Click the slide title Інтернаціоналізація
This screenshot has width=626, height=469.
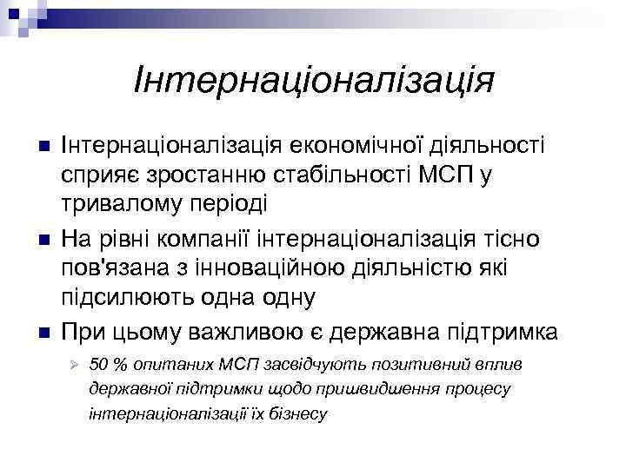pyautogui.click(x=314, y=82)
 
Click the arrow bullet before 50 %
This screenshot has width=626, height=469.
pyautogui.click(x=76, y=363)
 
